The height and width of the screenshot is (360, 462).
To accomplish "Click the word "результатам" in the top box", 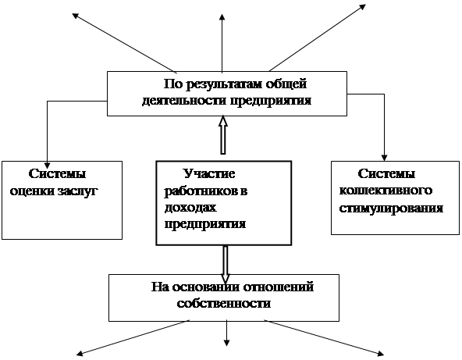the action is click(225, 84).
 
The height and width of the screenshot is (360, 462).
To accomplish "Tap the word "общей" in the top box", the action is click(286, 84).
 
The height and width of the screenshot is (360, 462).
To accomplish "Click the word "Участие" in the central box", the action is click(209, 174).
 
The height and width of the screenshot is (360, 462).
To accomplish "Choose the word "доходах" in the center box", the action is click(190, 208).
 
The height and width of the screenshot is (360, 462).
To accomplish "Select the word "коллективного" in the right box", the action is click(386, 191).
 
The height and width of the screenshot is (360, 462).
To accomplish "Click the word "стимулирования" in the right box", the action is click(391, 208).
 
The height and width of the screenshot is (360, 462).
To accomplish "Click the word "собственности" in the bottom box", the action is click(224, 304).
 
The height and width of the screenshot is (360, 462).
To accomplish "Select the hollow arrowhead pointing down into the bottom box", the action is click(226, 279).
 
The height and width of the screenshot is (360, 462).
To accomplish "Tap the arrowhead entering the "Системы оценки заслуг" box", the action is click(47, 165).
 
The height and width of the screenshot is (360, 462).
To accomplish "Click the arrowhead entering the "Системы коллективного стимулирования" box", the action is click(384, 158).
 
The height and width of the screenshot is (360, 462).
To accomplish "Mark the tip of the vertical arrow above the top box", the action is click(222, 13).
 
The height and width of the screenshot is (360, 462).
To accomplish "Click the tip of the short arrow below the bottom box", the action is click(226, 346).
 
